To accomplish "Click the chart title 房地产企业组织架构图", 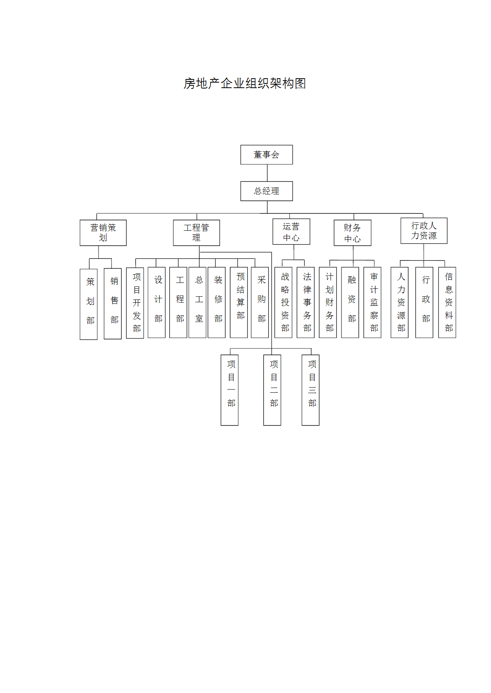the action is [x=245, y=83].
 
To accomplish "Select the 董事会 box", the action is [x=267, y=154].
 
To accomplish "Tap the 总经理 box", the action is [x=267, y=191].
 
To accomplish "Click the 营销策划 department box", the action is [x=103, y=233].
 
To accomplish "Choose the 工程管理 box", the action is [x=196, y=233].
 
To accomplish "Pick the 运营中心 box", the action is [x=291, y=232].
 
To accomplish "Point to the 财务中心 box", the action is [x=353, y=233].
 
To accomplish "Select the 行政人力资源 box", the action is [x=424, y=231].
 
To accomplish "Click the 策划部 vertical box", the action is [x=89, y=304].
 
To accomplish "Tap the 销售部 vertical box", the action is [x=113, y=303].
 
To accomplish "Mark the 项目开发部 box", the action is [x=135, y=303].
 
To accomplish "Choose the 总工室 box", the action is [x=197, y=303].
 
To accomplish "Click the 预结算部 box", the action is [x=239, y=303].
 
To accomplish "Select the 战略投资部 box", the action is [x=284, y=303].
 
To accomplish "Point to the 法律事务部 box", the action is [x=306, y=303].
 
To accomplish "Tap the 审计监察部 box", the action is [x=372, y=303].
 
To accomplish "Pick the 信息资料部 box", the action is [x=447, y=303].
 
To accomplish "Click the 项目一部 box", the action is [x=229, y=390].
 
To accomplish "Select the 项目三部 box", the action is [x=311, y=390].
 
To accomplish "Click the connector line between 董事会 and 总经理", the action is [x=267, y=173].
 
